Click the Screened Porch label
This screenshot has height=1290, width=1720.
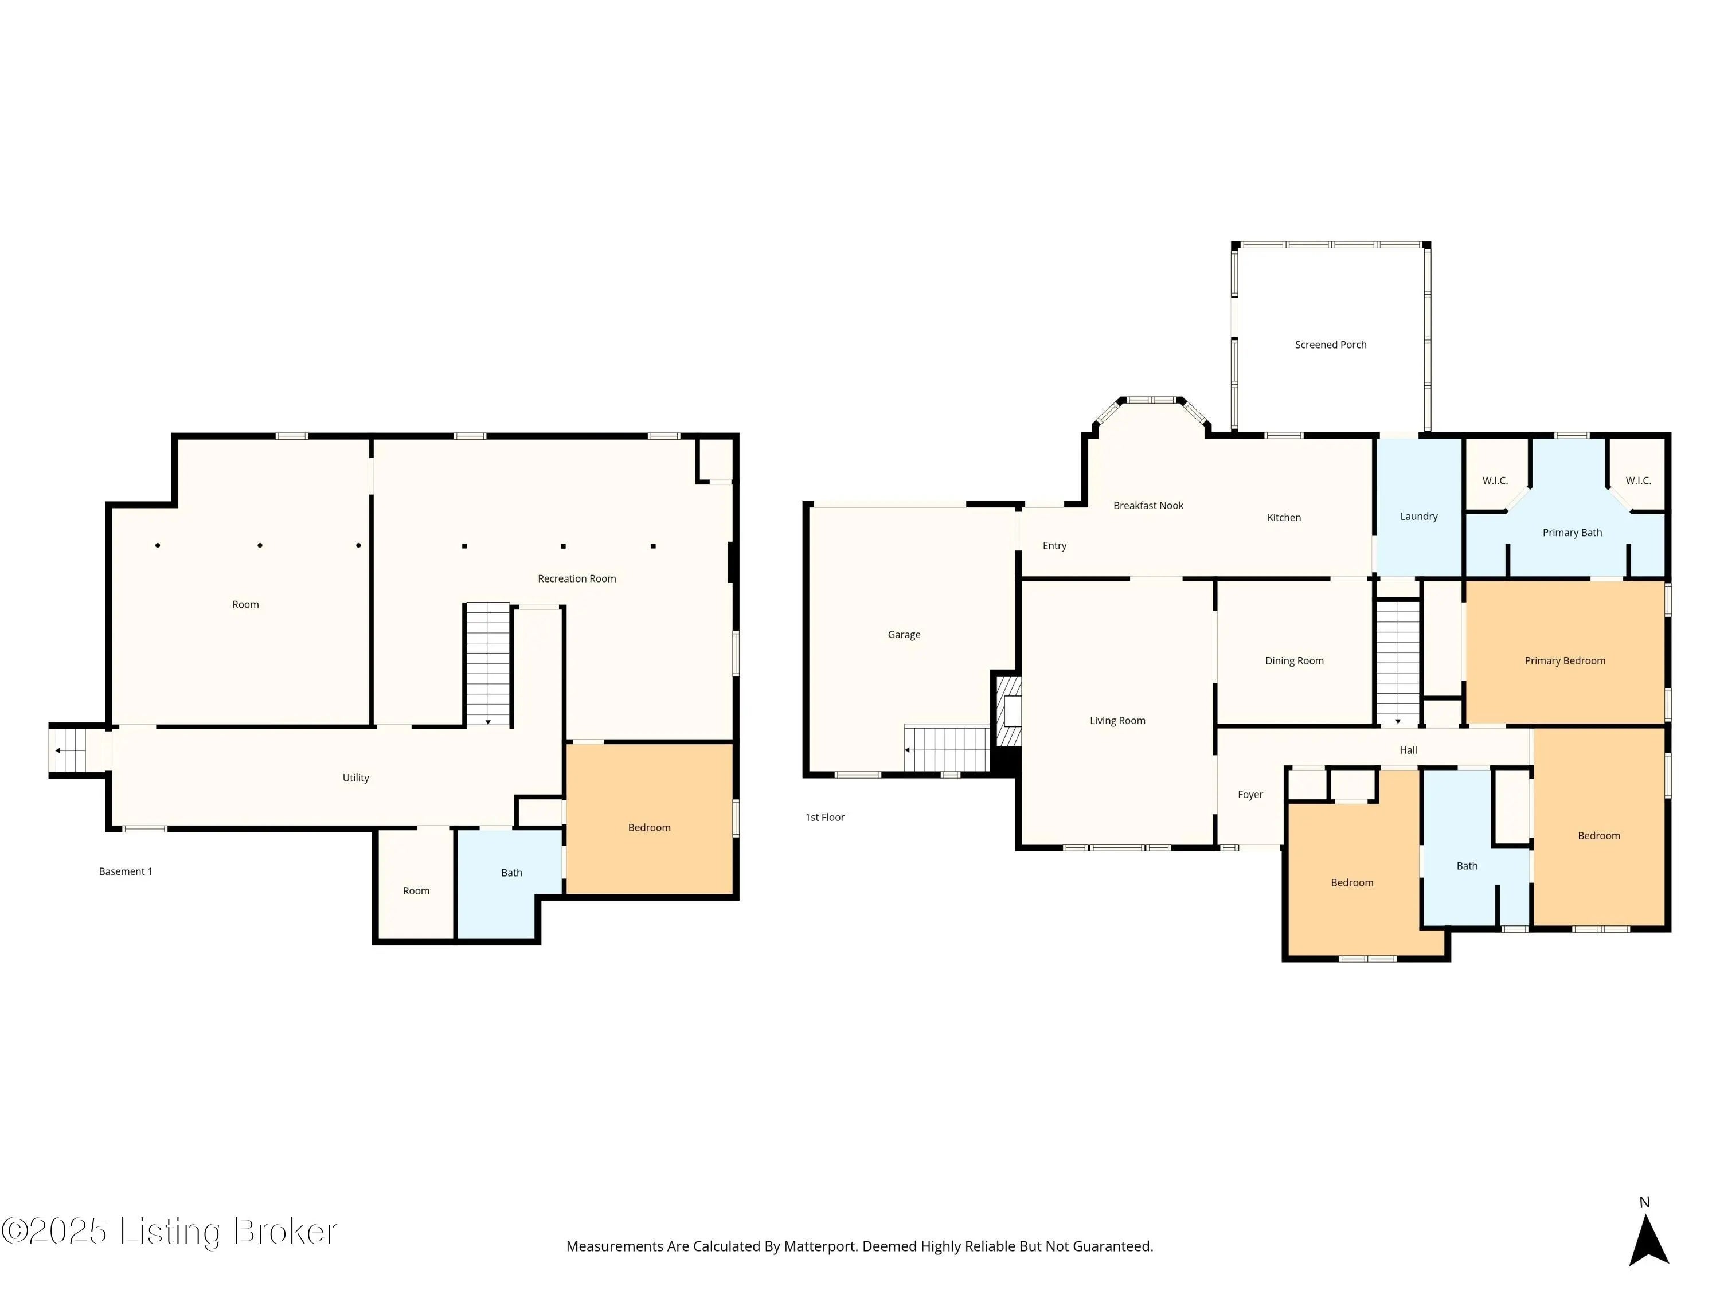coord(1331,345)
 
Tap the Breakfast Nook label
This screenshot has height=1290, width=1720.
coord(1148,506)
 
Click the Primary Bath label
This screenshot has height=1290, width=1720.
coord(1572,533)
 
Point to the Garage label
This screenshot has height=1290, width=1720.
coord(904,635)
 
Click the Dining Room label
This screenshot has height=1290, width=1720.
coord(1294,661)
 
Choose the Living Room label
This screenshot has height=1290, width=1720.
coord(1117,721)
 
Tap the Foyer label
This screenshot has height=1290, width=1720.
coord(1250,795)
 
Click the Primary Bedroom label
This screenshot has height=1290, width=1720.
coord(1565,661)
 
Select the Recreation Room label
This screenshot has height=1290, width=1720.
coord(577,578)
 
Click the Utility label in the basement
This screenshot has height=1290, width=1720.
coord(355,777)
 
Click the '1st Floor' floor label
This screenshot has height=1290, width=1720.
coord(824,817)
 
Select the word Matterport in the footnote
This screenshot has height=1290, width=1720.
coord(819,1246)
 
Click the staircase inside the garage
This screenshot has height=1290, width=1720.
coord(947,748)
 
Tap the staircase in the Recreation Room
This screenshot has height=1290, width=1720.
coord(487,665)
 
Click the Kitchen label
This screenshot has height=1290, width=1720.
coord(1284,518)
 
